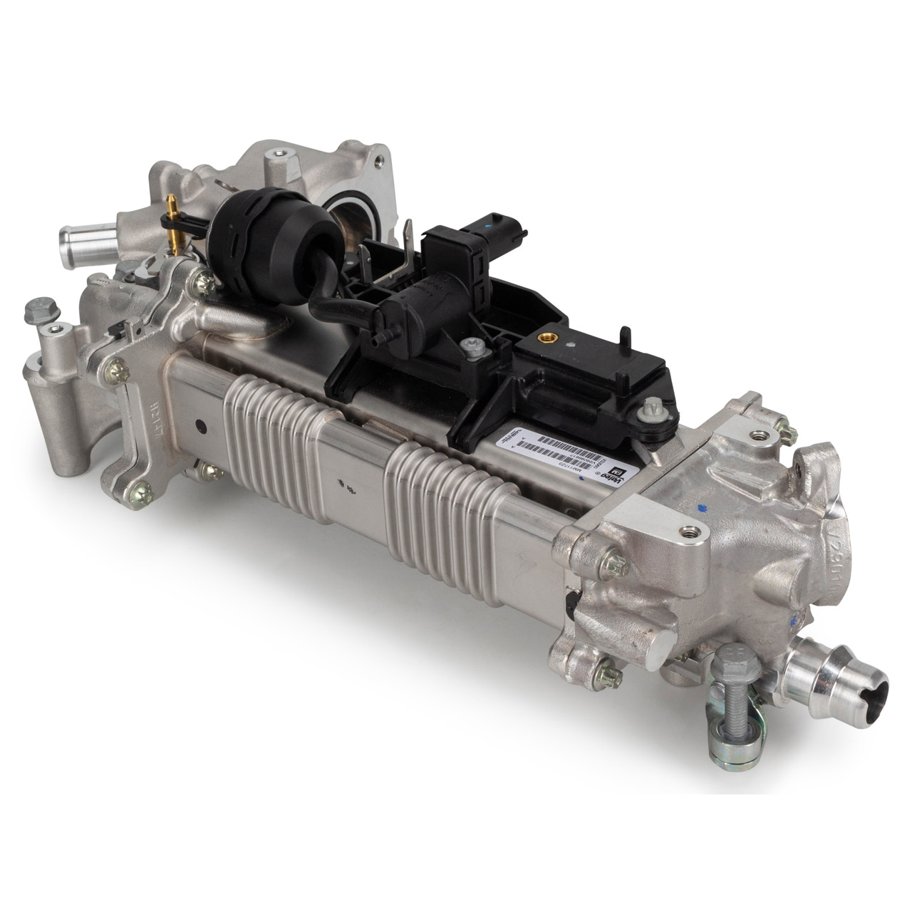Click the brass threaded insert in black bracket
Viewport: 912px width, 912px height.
(x=549, y=334)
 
